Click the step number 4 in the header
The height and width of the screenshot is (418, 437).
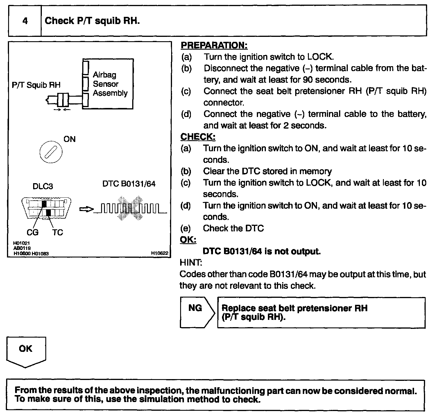(25, 21)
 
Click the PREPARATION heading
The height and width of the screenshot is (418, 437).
(214, 45)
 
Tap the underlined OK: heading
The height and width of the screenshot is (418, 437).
(188, 240)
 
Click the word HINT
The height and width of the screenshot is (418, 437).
(191, 263)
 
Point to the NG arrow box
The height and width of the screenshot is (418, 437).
(196, 312)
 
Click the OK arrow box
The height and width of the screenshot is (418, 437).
(26, 350)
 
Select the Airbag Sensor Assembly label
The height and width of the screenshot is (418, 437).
(110, 84)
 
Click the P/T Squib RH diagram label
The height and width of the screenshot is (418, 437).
(36, 85)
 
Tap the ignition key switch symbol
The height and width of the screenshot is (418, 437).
(51, 152)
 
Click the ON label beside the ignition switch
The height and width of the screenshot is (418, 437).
(69, 140)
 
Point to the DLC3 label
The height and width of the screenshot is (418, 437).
(43, 186)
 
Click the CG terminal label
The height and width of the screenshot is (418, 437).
(32, 233)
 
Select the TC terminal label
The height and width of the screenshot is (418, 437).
(58, 233)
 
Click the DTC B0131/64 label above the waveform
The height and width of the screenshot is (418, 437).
(129, 184)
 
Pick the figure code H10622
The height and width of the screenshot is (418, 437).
(160, 253)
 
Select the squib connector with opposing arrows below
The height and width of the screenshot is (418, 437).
(63, 100)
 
